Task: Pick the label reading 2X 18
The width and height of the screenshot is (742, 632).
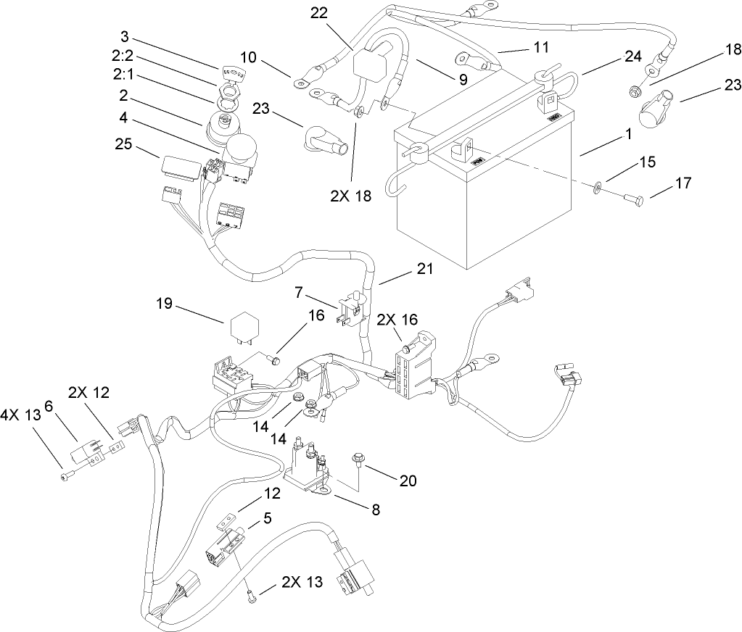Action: (353, 196)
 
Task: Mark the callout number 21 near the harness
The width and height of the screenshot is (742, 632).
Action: (424, 269)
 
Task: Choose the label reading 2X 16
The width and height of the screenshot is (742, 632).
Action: (396, 318)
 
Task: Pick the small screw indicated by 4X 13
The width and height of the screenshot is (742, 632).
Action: (65, 475)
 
